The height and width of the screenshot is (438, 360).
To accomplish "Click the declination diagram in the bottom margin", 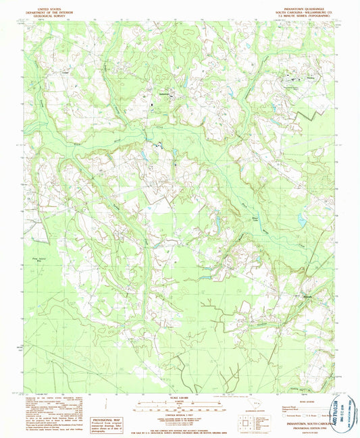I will point(111,407).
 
